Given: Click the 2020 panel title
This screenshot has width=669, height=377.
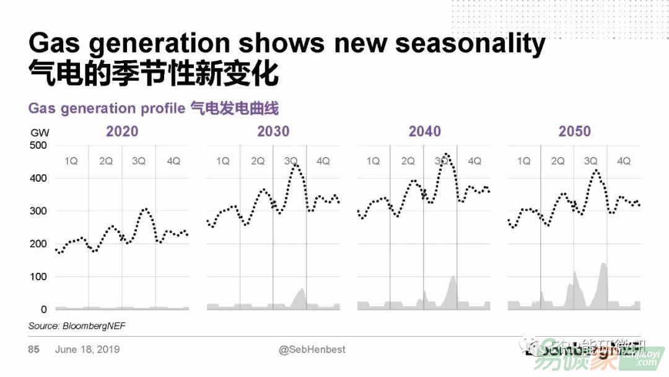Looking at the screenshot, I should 122,131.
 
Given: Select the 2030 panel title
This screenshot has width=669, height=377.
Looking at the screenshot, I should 273,131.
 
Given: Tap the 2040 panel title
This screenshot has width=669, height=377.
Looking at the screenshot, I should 424,131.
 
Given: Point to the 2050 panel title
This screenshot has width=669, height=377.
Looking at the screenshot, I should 575,131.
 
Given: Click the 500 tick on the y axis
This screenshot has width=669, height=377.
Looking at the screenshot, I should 38,146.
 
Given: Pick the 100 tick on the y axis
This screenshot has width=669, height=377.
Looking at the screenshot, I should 38,277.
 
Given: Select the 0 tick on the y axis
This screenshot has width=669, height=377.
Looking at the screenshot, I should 43,309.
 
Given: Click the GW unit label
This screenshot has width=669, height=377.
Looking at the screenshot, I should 39,132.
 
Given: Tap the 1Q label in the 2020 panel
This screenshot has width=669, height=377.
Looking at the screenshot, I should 71,161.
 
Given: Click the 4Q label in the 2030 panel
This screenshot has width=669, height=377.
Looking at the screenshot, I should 323,161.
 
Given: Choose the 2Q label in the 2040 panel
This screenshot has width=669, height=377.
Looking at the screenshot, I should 408,161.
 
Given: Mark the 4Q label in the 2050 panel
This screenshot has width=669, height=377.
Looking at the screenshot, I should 624,161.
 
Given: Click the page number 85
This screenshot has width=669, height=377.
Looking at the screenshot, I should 33,350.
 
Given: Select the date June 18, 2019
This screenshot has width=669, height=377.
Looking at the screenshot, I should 87,350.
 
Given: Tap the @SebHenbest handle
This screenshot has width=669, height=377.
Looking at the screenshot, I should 312,350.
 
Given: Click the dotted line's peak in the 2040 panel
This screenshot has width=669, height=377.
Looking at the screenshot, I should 447,154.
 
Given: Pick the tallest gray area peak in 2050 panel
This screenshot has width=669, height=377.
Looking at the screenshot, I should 603,264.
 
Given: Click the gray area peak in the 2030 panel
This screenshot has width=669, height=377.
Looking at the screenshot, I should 302,290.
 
